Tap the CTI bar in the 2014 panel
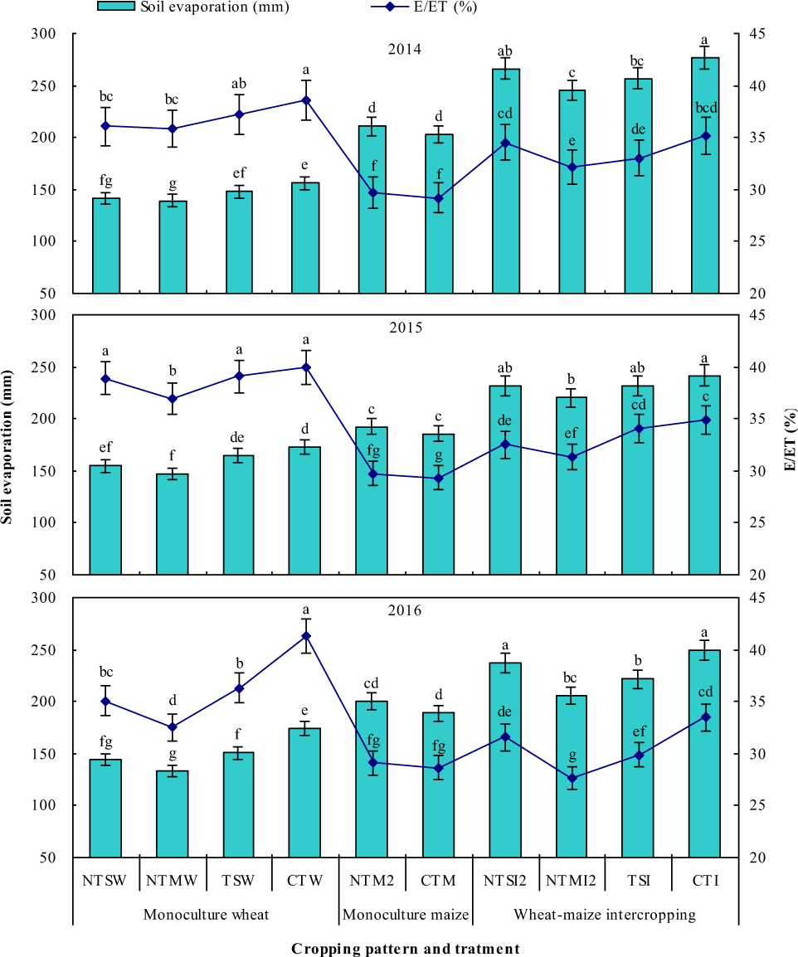tap(704, 175)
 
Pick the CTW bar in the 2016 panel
tap(305, 792)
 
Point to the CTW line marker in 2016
tap(305, 636)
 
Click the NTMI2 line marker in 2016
tap(572, 778)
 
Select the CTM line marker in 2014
tap(439, 199)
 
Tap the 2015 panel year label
tap(405, 327)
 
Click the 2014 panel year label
tap(405, 49)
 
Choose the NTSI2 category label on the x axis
tap(504, 880)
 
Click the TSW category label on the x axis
tap(239, 880)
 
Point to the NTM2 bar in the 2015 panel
tap(372, 501)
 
